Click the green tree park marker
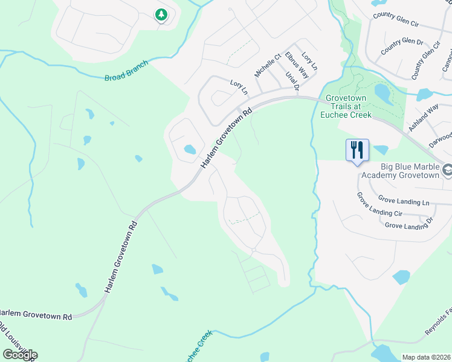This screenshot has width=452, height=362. pyautogui.click(x=161, y=14)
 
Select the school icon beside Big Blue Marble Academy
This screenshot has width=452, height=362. pyautogui.click(x=447, y=171)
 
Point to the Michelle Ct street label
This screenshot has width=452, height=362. pyautogui.click(x=268, y=65)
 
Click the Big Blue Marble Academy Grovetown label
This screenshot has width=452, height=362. pyautogui.click(x=401, y=171)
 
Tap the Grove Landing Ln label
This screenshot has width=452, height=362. pyautogui.click(x=404, y=199)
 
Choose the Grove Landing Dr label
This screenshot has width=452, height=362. pyautogui.click(x=409, y=225)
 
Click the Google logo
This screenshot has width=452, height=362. pyautogui.click(x=20, y=355)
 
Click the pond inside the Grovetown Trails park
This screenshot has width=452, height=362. pyautogui.click(x=382, y=92)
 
